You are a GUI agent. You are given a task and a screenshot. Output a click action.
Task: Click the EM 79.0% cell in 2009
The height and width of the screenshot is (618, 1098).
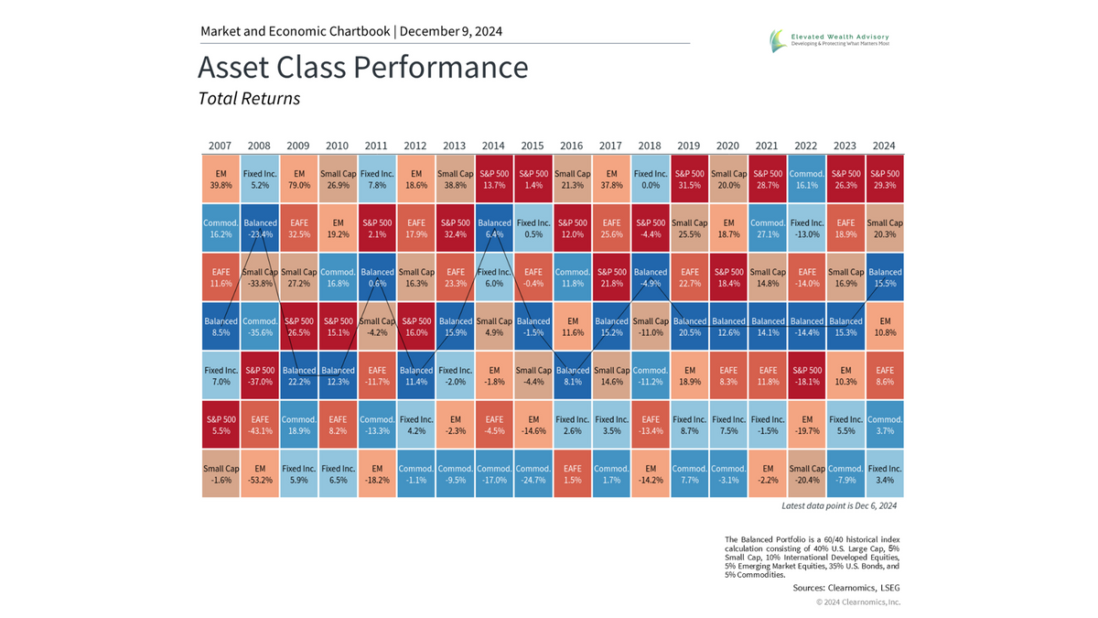(x=298, y=178)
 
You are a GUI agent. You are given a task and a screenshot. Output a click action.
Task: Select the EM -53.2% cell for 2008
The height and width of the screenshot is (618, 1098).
(x=259, y=473)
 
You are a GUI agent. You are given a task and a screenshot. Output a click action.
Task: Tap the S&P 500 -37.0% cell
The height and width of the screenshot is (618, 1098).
(x=259, y=374)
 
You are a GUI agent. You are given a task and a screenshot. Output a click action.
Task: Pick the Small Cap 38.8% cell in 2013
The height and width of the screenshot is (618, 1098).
(x=455, y=178)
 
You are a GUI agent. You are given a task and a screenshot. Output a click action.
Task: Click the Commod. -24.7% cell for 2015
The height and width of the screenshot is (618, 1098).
(x=533, y=473)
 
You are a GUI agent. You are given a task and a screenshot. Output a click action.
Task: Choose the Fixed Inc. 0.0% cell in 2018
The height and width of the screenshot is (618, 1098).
(x=651, y=178)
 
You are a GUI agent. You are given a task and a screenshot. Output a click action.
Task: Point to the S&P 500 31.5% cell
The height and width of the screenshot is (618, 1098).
(x=690, y=178)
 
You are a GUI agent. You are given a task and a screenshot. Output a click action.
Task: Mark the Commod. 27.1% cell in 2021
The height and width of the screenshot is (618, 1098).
(x=768, y=227)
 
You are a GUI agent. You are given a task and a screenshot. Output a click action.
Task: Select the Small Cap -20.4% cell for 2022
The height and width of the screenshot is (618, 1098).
(x=807, y=473)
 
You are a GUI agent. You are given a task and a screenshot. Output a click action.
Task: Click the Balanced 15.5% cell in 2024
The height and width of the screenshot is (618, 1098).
(x=885, y=276)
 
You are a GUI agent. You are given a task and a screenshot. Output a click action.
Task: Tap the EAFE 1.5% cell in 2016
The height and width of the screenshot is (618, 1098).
(x=572, y=473)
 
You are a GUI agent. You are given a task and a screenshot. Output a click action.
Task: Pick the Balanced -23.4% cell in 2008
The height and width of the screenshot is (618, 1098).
(x=259, y=227)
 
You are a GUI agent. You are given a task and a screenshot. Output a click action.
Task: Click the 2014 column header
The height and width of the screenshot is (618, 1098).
(x=493, y=146)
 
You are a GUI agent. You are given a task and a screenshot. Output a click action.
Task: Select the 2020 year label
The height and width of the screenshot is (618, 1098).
(x=728, y=146)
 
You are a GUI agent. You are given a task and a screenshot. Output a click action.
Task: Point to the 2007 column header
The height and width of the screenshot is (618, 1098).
(x=220, y=146)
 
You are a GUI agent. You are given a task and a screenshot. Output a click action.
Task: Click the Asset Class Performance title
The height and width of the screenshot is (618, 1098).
(x=362, y=68)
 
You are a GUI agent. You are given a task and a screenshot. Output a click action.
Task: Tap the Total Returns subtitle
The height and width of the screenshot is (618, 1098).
(x=249, y=98)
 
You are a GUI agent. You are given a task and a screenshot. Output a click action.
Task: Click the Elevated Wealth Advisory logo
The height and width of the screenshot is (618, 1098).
(x=829, y=39)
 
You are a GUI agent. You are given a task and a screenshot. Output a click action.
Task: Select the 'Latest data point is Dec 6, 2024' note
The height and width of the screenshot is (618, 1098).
(x=839, y=506)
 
